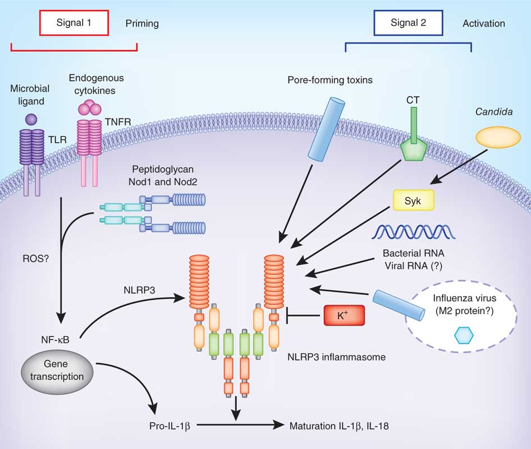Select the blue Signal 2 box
[408, 24]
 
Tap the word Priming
[142, 24]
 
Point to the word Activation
[483, 24]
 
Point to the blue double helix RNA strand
[411, 231]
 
